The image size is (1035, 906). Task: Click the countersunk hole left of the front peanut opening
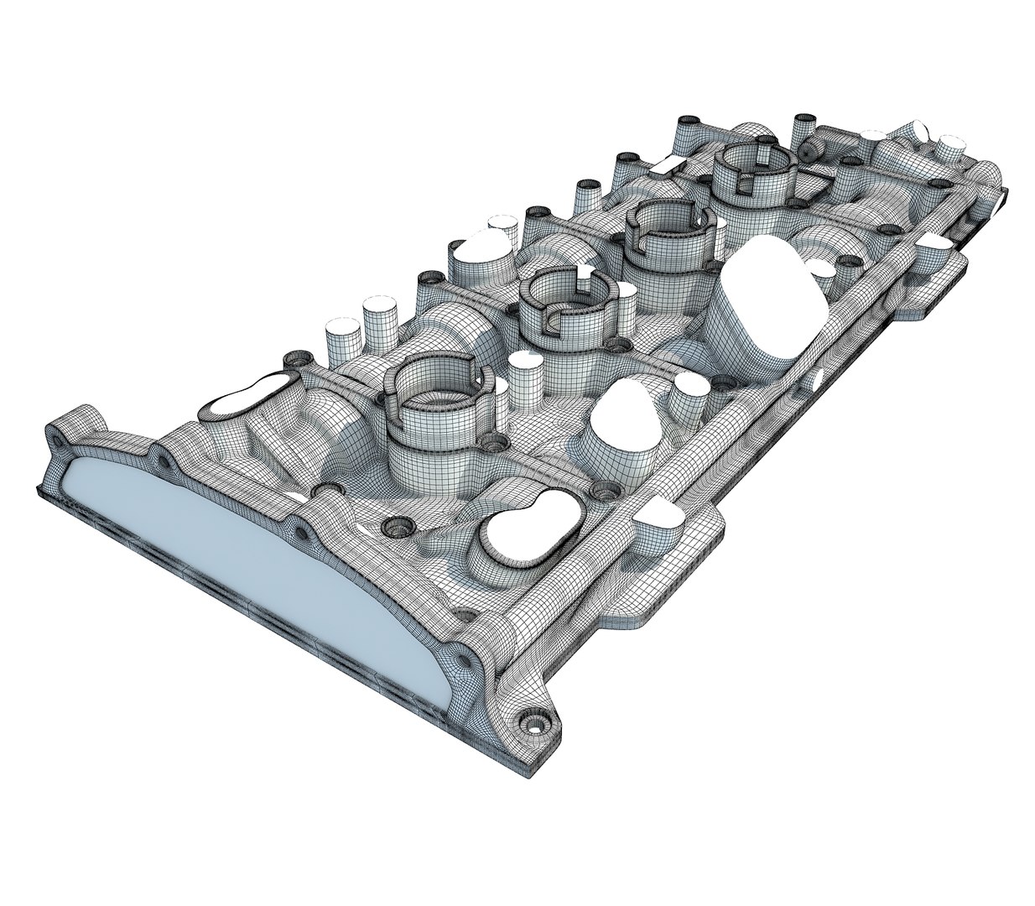(394, 527)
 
